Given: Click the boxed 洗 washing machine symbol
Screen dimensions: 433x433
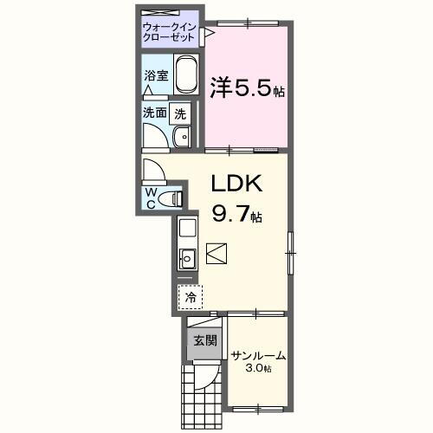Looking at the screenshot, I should (x=179, y=112).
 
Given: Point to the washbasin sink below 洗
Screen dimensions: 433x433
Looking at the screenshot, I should (x=183, y=136).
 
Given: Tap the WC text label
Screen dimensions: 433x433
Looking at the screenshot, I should (x=151, y=197).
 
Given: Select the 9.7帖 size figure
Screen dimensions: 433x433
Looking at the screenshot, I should (x=236, y=213).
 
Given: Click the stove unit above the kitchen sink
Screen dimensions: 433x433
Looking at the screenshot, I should (x=186, y=230).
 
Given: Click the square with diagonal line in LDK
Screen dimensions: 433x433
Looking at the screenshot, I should (x=217, y=253).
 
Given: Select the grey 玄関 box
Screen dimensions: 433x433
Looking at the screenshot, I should (x=199, y=339).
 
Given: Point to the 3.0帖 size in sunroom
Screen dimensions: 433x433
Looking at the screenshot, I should (x=258, y=370).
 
